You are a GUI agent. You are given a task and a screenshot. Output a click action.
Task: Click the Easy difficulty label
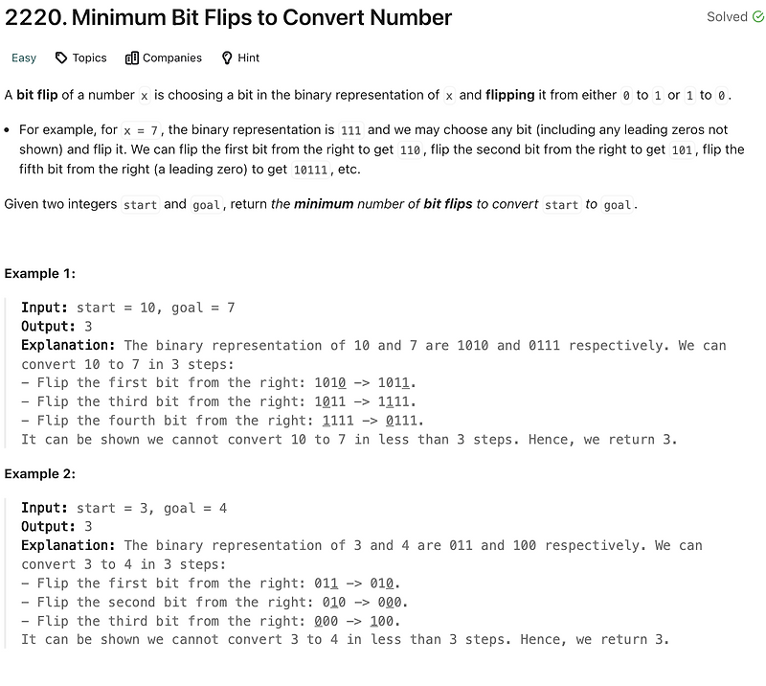click(x=24, y=57)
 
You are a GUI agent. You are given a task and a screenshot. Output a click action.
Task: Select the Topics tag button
click(x=80, y=57)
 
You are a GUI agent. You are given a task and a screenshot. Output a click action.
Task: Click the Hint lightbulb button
click(x=240, y=57)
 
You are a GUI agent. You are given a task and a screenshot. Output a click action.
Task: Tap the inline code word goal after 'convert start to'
click(x=617, y=205)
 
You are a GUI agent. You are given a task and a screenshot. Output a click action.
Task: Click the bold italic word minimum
click(x=324, y=204)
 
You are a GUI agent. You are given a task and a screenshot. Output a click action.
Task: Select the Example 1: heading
click(x=39, y=274)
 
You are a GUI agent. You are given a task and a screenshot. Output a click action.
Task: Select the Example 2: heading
click(x=39, y=474)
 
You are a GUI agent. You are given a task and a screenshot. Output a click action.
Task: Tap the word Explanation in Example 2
click(x=68, y=545)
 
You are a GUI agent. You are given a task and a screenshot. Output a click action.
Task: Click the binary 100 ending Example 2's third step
click(x=383, y=621)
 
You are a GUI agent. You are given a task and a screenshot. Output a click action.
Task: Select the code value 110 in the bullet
click(x=409, y=150)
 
